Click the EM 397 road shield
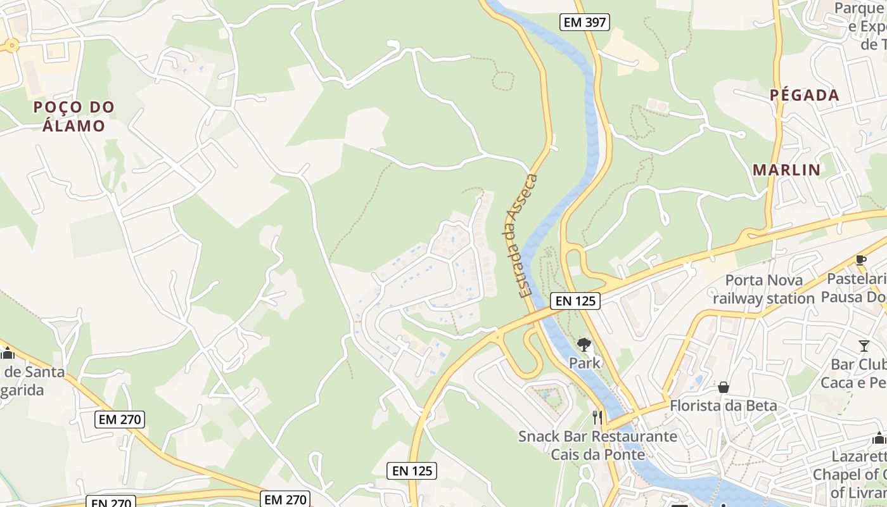point(585,23)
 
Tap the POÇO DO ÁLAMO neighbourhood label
point(74,117)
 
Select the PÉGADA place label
point(804,96)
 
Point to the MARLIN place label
point(786,170)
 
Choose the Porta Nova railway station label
point(763,289)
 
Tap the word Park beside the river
point(584,363)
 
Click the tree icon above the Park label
point(584,345)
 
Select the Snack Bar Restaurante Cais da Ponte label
point(597,446)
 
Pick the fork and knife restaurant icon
point(597,416)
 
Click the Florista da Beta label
point(723,405)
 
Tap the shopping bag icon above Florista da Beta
point(723,387)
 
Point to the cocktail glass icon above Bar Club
point(864,345)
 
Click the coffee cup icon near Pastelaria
point(860,259)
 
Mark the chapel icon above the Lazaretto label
point(879,438)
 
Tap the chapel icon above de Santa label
point(8,353)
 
